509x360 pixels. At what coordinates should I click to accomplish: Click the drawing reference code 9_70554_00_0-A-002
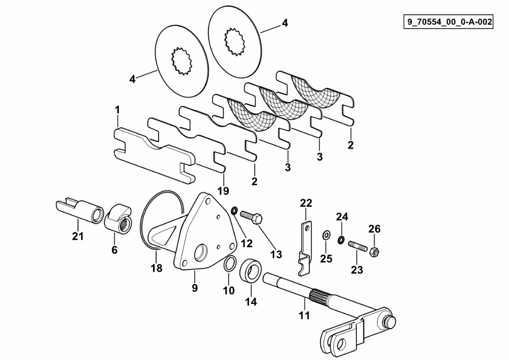(x=448, y=22)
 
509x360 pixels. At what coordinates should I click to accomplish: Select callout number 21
(x=78, y=236)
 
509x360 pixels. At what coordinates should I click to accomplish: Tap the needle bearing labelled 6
(x=118, y=218)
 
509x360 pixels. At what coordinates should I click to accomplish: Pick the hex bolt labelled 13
(x=252, y=217)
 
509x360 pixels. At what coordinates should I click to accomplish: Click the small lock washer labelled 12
(x=234, y=211)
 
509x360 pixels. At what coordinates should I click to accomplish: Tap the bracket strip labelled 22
(x=305, y=248)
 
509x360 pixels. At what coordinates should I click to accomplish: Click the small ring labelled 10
(x=230, y=264)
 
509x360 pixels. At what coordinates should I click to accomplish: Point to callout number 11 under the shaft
(x=304, y=315)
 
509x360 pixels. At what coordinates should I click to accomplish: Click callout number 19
(x=223, y=190)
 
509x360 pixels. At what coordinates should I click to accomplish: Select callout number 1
(x=117, y=110)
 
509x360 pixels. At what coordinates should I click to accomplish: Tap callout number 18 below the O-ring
(x=156, y=268)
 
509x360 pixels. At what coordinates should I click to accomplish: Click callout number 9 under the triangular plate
(x=194, y=287)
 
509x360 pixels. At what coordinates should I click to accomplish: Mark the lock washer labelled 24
(x=341, y=240)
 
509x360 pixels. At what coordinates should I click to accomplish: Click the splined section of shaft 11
(x=319, y=296)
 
